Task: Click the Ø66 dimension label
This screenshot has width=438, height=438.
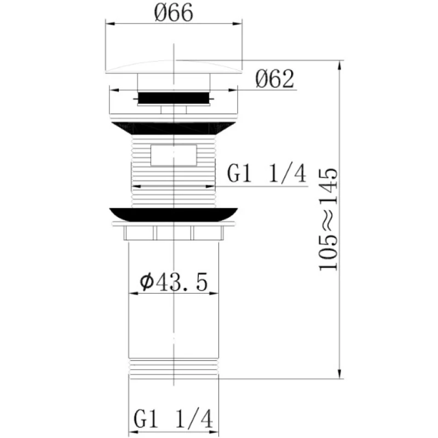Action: (174, 13)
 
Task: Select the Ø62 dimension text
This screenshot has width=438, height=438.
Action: (275, 79)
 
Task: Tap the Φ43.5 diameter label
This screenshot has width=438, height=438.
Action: (174, 282)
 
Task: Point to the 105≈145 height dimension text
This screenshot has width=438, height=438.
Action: (328, 220)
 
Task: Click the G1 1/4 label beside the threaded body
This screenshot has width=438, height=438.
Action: (267, 174)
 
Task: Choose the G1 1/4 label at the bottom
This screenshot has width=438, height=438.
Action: (174, 419)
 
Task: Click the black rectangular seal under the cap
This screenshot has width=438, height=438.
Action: (174, 98)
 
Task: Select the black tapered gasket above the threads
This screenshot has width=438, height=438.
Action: (173, 129)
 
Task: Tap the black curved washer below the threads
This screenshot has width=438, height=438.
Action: (174, 215)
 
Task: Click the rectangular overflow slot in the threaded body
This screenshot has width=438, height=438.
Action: (174, 155)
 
